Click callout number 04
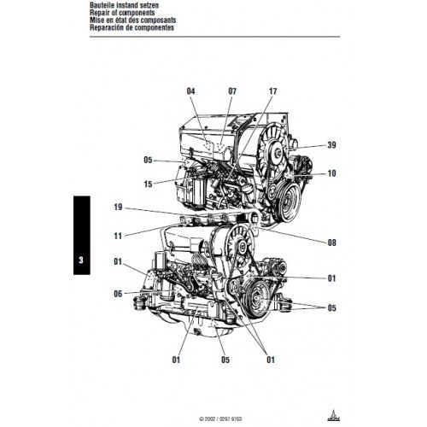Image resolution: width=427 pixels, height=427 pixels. coord(190,91)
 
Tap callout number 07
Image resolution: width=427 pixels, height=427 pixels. coord(232,91)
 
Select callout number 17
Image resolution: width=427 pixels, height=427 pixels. coord(272,91)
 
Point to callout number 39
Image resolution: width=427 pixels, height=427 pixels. coord(331,145)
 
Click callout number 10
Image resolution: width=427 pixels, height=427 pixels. coord(331,173)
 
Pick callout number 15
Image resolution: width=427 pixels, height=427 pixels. coord(148,184)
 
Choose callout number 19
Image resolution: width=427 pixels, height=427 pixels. coord(118,207)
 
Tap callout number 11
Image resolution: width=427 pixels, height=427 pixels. coord(118,236)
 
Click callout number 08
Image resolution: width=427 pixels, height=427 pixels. coord(331,243)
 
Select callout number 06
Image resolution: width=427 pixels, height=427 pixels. coord(118,294)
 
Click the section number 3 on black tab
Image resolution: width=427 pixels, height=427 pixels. coord(81,260)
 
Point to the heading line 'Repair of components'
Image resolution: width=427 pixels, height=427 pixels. coord(122,13)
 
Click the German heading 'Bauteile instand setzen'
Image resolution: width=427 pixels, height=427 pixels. coord(124,5)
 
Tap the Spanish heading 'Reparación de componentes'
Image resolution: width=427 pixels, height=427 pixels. coord(132,27)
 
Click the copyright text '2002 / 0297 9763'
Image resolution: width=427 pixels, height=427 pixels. coord(220,419)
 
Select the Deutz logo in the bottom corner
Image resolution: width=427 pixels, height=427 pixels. coord(333,416)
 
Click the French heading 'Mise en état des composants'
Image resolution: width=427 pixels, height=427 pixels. coord(133,20)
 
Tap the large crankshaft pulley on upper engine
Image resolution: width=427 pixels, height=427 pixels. coord(288,202)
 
